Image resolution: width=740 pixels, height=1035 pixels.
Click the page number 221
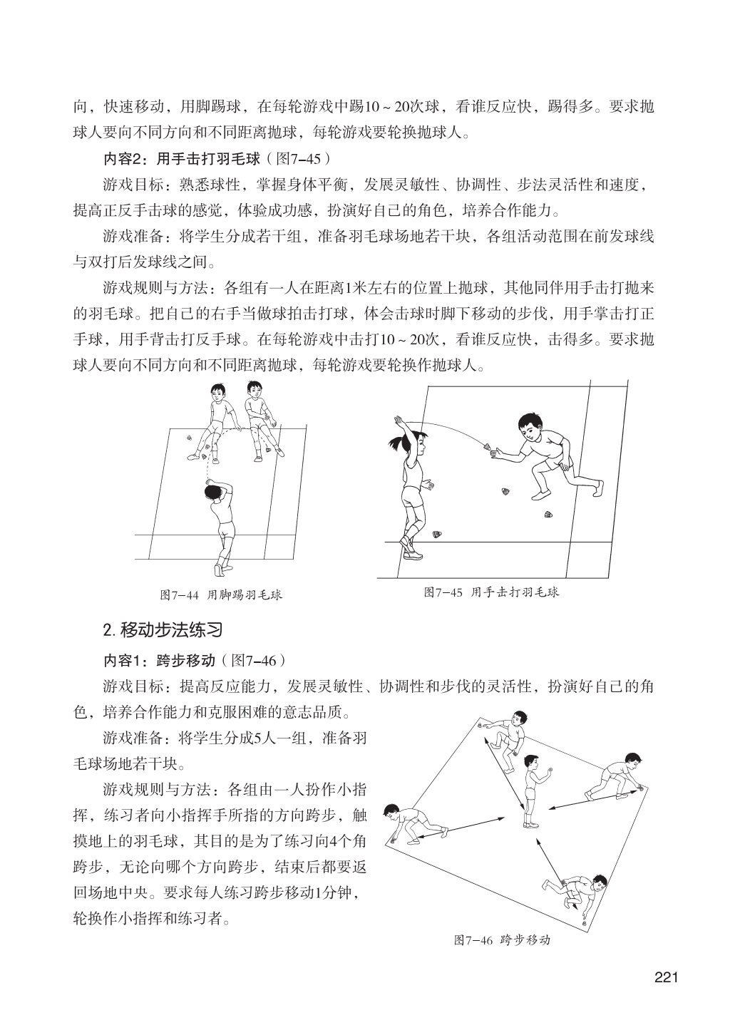coord(664,976)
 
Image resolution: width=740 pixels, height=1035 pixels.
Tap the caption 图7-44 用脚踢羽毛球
coord(221,594)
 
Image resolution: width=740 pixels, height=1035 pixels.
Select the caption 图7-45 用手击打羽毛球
coord(490,592)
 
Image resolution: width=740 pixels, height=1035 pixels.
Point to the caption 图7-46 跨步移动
coord(502,939)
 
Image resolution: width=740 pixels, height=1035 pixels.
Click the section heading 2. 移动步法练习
coord(163,630)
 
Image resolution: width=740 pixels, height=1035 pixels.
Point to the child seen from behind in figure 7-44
coord(220,524)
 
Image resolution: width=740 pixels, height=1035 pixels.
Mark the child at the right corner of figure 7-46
coord(615,777)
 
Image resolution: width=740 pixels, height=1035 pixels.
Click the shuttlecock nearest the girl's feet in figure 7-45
coord(438,534)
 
